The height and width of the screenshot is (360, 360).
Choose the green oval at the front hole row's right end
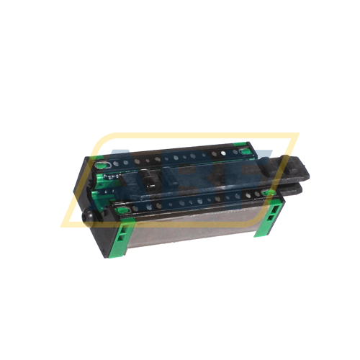265,193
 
